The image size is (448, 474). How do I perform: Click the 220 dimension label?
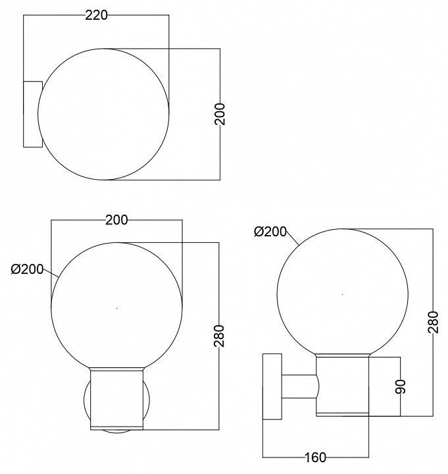(96, 14)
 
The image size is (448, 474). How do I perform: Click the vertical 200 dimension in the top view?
(220, 114)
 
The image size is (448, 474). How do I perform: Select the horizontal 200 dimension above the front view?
(116, 220)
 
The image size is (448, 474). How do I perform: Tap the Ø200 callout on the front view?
(27, 269)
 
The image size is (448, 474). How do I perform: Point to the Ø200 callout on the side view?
(270, 232)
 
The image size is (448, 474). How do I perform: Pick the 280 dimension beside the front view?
(218, 336)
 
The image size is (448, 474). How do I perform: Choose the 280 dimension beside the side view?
(433, 322)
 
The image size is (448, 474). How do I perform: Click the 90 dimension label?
(400, 386)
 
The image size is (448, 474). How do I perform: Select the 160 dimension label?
(315, 458)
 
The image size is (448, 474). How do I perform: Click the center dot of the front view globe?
(117, 308)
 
